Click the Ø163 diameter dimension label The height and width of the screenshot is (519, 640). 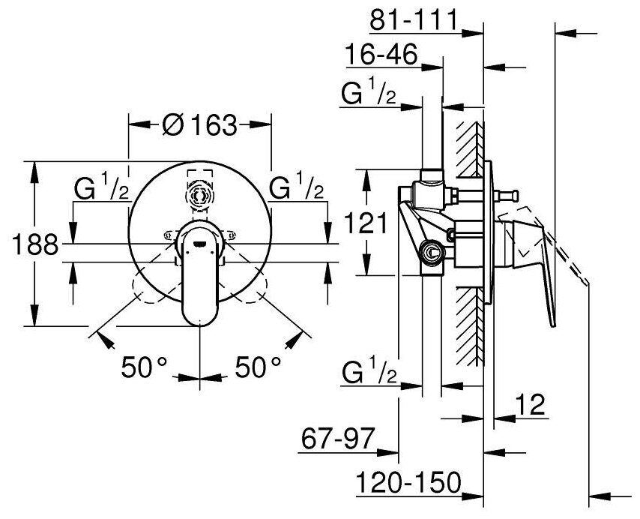(199, 124)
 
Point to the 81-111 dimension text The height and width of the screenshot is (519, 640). (414, 21)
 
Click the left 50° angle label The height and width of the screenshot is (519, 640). (142, 367)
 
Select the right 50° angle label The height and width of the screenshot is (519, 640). (259, 367)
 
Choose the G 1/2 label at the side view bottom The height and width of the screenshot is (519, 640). (369, 372)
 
